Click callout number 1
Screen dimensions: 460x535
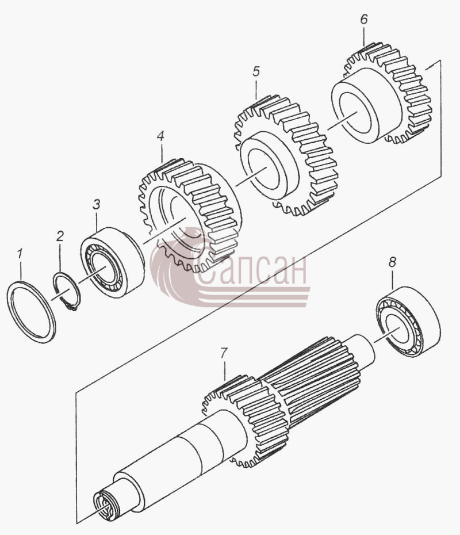(x=20, y=254)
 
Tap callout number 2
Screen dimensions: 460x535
(x=60, y=236)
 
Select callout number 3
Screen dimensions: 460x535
(x=97, y=205)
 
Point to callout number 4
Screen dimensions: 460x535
(x=160, y=136)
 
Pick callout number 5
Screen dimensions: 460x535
(x=256, y=71)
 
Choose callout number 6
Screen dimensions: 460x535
(x=364, y=19)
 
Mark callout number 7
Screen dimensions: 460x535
(x=223, y=353)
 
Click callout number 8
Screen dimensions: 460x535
(x=392, y=262)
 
